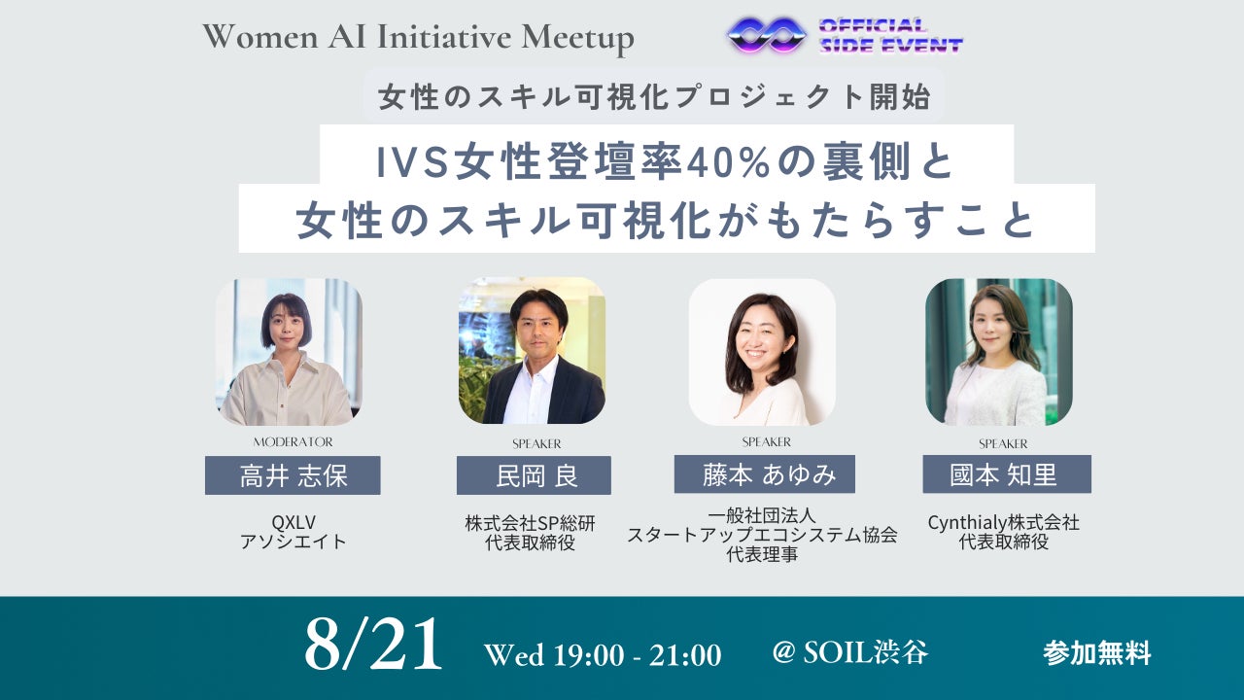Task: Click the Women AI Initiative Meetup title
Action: pos(418,37)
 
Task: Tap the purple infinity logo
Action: pos(767,35)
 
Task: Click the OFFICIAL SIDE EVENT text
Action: pos(891,36)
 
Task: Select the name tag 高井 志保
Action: pos(293,475)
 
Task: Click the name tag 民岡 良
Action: pos(534,475)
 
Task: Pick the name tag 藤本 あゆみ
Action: pos(765,473)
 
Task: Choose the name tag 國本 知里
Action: pos(1007,473)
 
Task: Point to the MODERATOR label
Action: pos(294,442)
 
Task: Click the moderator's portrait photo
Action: pos(290,352)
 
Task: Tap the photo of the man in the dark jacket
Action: pos(532,351)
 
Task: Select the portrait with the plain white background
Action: pos(763,352)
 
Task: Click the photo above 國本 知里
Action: pos(999,352)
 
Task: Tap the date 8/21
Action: pos(373,645)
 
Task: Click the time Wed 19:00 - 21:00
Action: pos(603,654)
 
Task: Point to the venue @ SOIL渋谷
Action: pos(849,651)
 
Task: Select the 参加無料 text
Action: pos(1097,652)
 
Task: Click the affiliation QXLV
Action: pos(294,522)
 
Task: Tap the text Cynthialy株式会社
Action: pos(1004,523)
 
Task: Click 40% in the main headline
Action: pos(728,162)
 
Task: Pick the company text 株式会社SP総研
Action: pos(530,523)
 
